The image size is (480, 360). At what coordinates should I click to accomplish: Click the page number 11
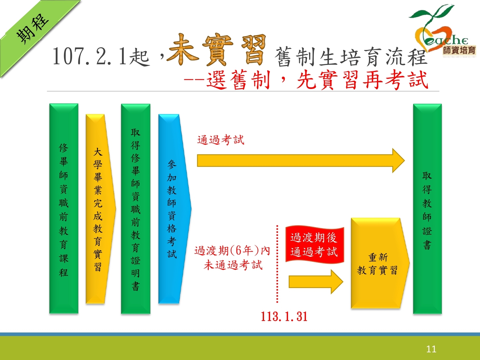(x=431, y=349)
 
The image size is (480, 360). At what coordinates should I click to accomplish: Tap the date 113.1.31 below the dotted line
(x=284, y=316)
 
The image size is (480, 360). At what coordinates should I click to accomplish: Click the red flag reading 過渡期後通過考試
(x=315, y=244)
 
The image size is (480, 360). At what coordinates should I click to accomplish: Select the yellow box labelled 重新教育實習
(x=380, y=263)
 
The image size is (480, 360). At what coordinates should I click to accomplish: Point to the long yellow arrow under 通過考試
(x=301, y=161)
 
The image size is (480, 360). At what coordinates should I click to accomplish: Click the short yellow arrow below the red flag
(x=316, y=282)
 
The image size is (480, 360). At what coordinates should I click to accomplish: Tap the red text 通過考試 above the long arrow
(x=221, y=140)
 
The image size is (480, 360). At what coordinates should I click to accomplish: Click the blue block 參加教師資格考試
(x=175, y=209)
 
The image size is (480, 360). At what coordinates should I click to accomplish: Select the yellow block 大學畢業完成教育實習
(x=100, y=209)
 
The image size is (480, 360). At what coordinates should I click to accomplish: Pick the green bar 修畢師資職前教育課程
(x=64, y=209)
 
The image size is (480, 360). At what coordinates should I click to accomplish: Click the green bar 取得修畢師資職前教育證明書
(x=136, y=209)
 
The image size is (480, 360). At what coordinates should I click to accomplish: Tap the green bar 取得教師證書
(x=427, y=209)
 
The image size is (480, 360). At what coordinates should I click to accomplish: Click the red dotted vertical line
(x=277, y=264)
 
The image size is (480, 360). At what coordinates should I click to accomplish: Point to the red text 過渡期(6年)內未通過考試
(x=232, y=258)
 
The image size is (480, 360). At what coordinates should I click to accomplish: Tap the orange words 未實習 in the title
(x=216, y=50)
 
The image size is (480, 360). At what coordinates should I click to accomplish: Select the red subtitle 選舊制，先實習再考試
(x=317, y=80)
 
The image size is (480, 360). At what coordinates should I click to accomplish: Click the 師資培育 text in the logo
(x=459, y=51)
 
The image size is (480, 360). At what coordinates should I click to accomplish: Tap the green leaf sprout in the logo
(x=432, y=15)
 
